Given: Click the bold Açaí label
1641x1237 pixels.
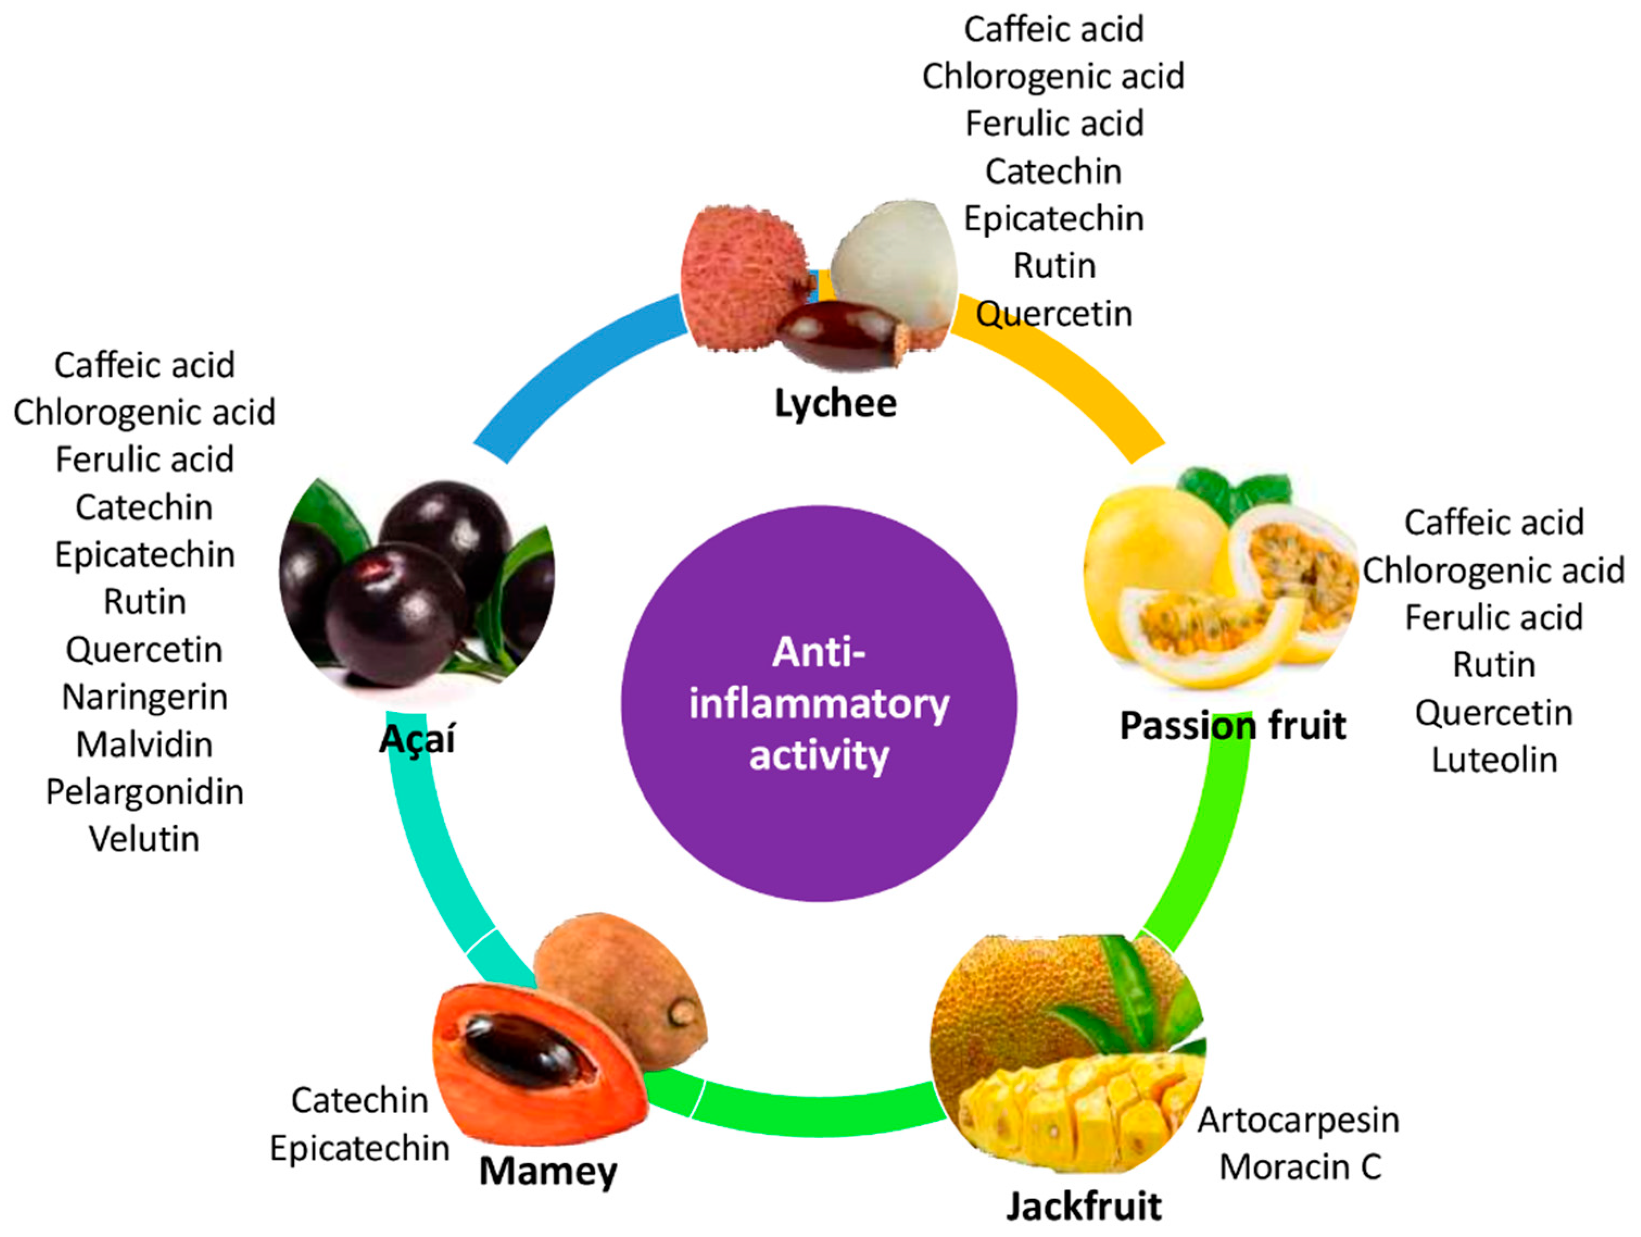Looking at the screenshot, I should tap(417, 739).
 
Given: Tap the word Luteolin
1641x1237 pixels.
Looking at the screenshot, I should tap(1494, 760).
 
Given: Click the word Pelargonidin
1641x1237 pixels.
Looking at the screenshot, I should tap(144, 792).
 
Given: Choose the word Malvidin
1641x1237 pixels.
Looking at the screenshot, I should tap(144, 744).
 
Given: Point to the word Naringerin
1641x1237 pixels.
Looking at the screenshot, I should tap(144, 697).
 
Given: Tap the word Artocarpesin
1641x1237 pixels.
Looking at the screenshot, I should tap(1298, 1120).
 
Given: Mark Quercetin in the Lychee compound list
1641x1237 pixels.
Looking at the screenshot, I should tap(1053, 314).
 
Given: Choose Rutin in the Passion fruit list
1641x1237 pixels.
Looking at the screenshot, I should tap(1494, 665).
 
